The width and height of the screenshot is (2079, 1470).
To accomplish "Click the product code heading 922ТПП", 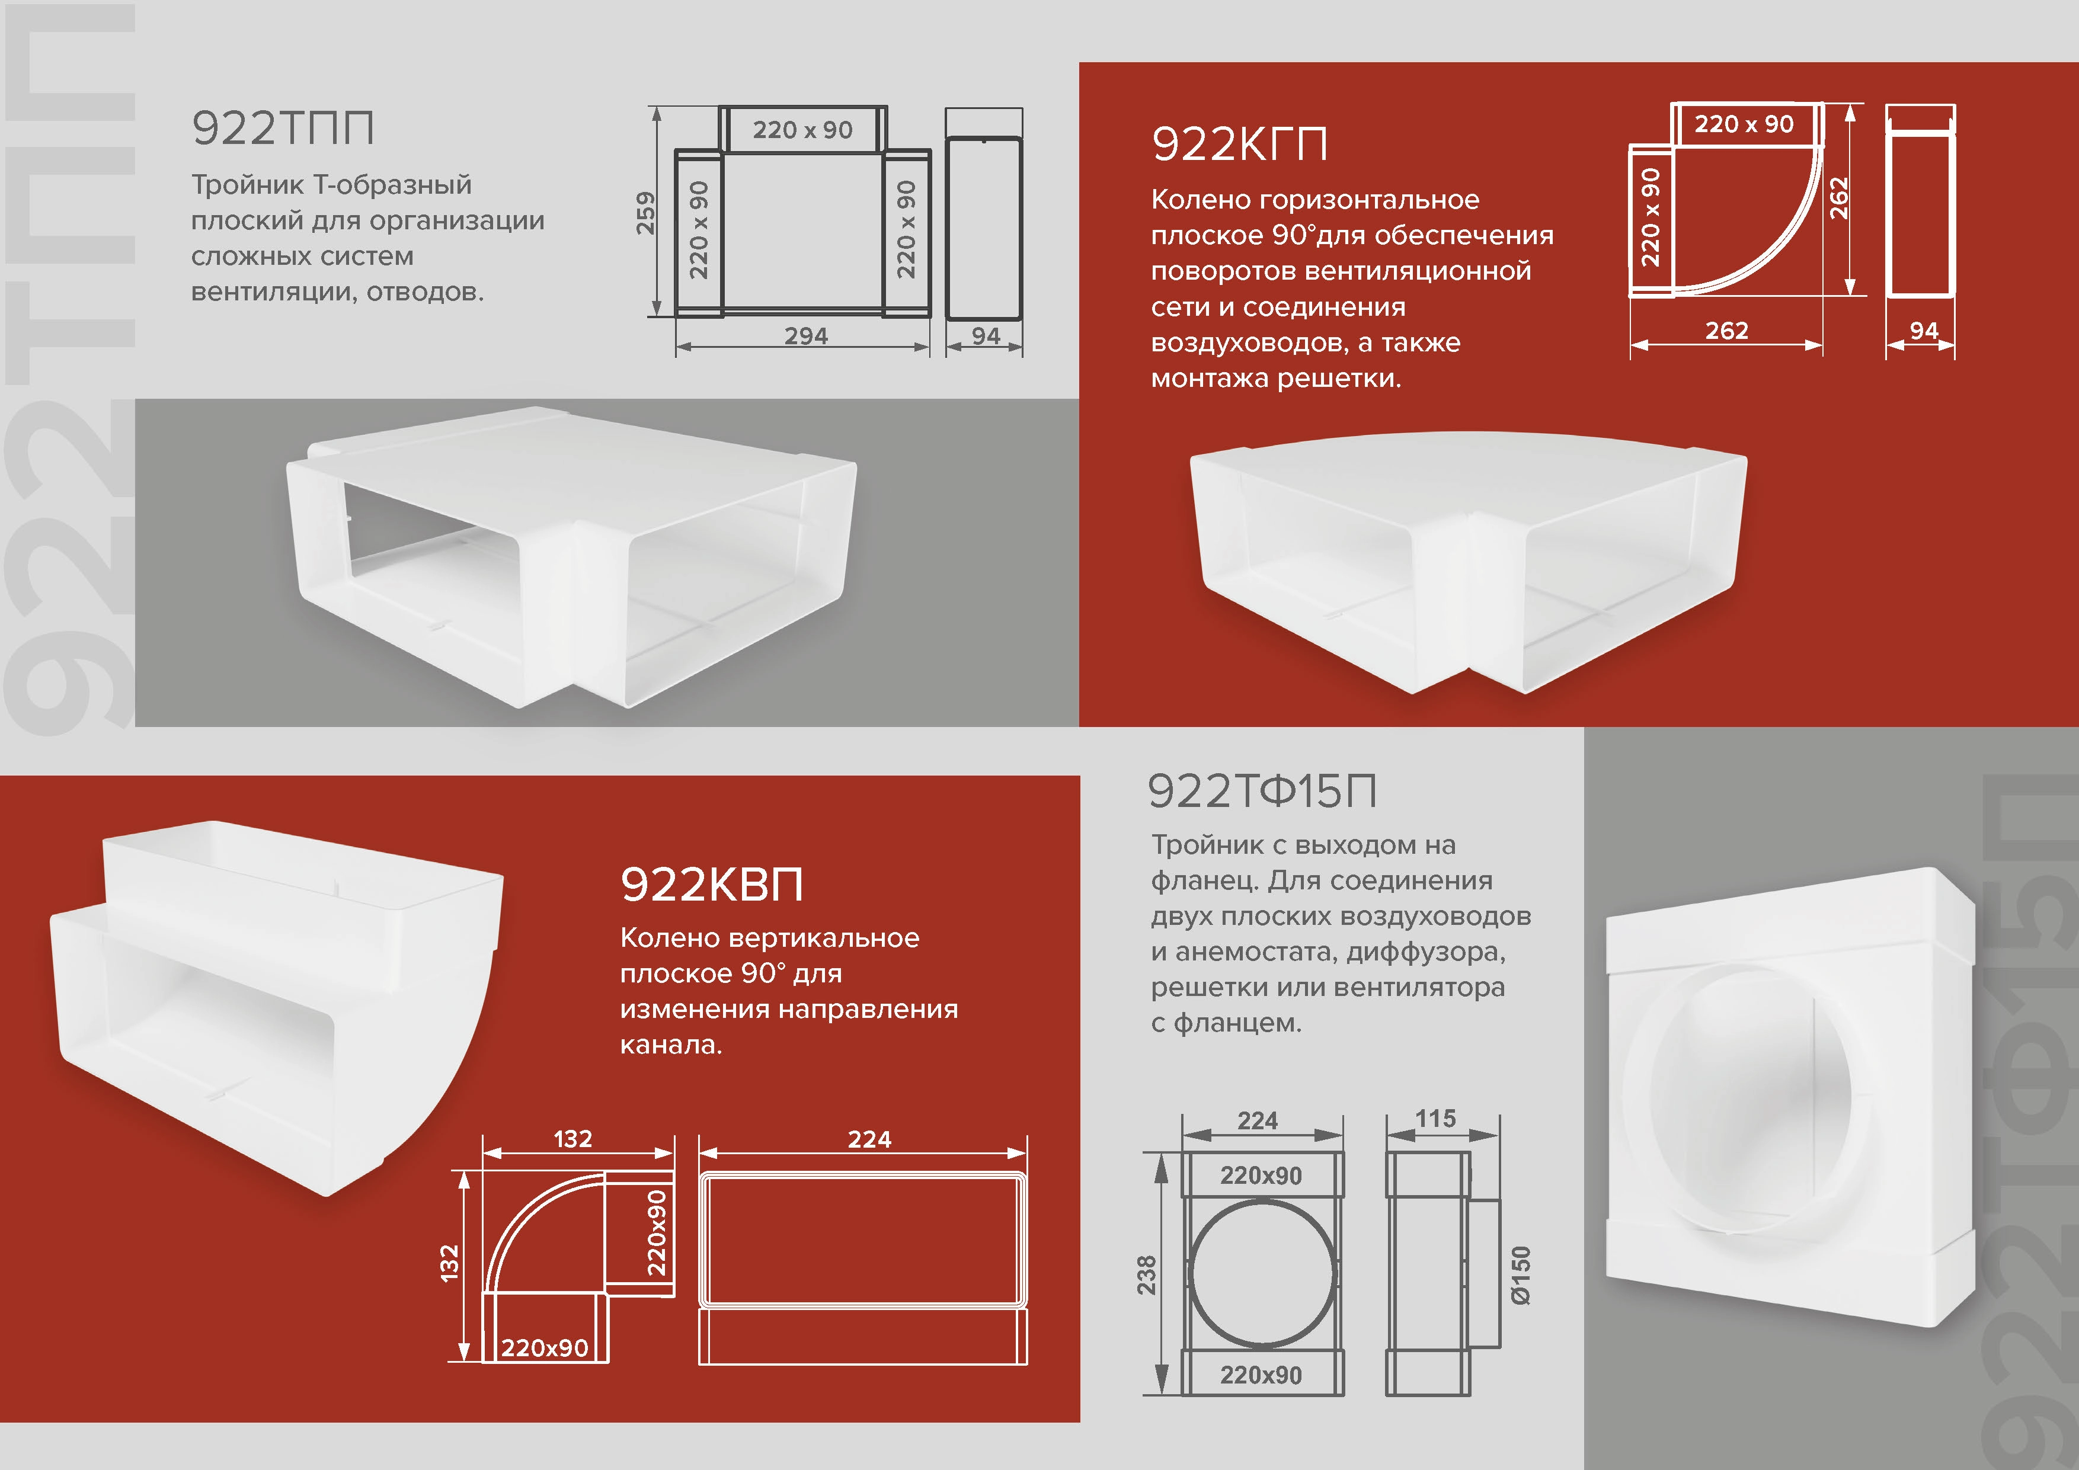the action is (283, 129).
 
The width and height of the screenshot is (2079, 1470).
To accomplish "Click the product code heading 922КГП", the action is (1240, 145).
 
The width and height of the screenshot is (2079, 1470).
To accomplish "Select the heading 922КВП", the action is (712, 885).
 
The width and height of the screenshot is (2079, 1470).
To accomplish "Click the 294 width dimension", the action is (806, 336).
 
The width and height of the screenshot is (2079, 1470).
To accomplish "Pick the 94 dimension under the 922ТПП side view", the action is (986, 336).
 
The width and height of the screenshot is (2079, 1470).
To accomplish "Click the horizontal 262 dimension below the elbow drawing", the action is (1727, 331).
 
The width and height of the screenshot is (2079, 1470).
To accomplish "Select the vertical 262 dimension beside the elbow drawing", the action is (1838, 198).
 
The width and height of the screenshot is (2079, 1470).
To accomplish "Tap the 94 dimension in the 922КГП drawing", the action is (1924, 331).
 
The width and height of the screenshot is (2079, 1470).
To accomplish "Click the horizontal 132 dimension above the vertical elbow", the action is (573, 1139).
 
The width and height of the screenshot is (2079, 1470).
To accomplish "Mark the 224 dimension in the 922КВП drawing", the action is (869, 1139).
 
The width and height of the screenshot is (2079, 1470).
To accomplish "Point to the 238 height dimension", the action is (1146, 1274).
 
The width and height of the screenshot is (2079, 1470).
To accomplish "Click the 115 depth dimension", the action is (1436, 1119).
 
